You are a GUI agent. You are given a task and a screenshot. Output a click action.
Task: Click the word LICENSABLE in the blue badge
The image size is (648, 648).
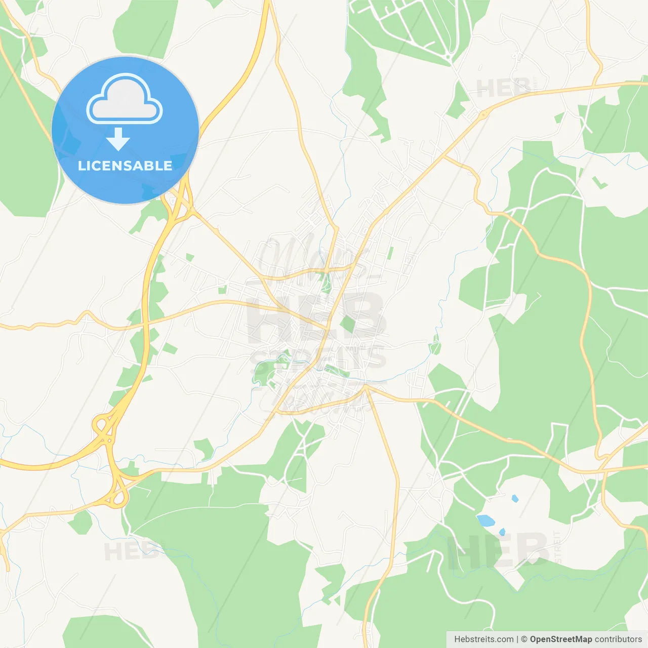click(x=125, y=166)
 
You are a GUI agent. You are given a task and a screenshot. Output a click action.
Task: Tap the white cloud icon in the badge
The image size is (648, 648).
click(x=125, y=99)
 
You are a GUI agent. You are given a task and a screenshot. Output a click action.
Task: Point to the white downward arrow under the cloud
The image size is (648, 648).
click(x=118, y=139)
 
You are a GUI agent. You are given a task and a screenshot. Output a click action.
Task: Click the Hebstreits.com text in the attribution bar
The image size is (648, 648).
click(x=483, y=639)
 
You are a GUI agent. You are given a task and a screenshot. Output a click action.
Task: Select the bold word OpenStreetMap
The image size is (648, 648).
click(x=560, y=639)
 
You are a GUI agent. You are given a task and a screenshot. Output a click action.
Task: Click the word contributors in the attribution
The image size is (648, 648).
click(x=618, y=639)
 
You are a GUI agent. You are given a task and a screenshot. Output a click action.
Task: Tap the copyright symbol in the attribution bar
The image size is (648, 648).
click(x=524, y=639)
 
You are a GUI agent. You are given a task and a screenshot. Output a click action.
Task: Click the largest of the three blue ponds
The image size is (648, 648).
click(x=485, y=520)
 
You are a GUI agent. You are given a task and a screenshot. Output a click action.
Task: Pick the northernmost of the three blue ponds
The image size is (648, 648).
click(x=515, y=499)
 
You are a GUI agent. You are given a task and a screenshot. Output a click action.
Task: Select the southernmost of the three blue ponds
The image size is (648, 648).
click(x=502, y=532)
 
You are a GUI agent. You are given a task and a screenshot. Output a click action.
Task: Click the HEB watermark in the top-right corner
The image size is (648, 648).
click(x=503, y=88)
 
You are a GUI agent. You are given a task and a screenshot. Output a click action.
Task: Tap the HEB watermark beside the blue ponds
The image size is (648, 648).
click(x=499, y=551)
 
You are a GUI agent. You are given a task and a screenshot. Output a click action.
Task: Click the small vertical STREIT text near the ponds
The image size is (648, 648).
click(x=558, y=547)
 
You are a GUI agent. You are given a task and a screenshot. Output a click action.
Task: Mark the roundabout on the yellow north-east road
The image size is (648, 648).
click(x=484, y=115)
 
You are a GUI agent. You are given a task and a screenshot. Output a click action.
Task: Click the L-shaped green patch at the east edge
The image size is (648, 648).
click(x=599, y=182)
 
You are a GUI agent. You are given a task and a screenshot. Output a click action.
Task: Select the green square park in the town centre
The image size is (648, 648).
click(x=348, y=324)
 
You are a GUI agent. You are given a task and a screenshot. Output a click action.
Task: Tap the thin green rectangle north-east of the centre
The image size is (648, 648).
click(x=390, y=253)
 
